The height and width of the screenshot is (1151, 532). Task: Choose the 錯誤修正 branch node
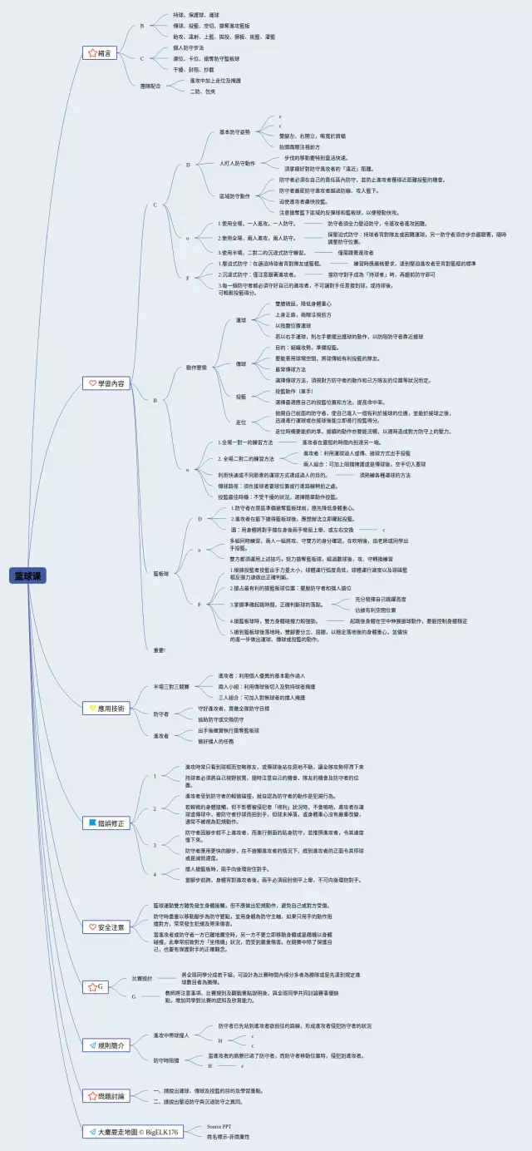pyautogui.click(x=106, y=822)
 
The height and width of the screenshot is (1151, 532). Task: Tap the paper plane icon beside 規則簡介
pyautogui.click(x=91, y=1044)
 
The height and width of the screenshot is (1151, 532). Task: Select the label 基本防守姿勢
pyautogui.click(x=234, y=131)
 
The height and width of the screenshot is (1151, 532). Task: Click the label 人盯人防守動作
pyautogui.click(x=236, y=163)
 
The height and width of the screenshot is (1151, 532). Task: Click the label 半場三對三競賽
pyautogui.click(x=171, y=686)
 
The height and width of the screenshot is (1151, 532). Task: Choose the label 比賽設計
pyautogui.click(x=142, y=978)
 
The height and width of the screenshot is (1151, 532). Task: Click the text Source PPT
pyautogui.click(x=219, y=1126)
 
